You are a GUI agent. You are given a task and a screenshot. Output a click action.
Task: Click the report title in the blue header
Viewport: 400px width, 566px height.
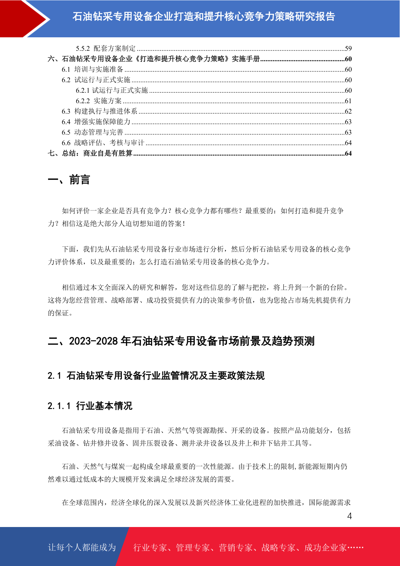(x=204, y=16)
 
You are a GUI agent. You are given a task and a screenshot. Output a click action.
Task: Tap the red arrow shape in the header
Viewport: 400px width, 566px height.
(x=24, y=18)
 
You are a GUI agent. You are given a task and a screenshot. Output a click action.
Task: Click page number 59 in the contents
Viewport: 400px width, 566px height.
(x=348, y=48)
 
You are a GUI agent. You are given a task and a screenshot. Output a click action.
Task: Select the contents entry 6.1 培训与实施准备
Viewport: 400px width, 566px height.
(x=92, y=69)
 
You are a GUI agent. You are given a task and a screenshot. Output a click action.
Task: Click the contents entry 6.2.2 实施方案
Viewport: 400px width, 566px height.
(x=99, y=101)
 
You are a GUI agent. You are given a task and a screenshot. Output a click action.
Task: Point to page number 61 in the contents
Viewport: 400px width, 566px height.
(x=348, y=101)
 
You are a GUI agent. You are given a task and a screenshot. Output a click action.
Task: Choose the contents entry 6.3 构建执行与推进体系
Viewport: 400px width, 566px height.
(x=99, y=111)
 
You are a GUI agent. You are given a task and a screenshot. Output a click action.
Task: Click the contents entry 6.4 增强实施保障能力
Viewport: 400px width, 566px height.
(x=96, y=122)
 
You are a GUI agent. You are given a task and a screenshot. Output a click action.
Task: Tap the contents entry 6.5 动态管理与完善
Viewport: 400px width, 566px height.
(x=92, y=132)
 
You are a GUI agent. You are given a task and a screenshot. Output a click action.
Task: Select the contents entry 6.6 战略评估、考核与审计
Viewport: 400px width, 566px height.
(x=103, y=143)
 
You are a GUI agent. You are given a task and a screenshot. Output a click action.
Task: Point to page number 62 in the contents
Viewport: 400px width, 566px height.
(x=348, y=111)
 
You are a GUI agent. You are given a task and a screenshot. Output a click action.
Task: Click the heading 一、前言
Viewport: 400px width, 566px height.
(x=69, y=180)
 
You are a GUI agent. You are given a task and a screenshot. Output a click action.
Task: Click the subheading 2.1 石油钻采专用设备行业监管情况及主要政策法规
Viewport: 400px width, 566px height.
(x=156, y=375)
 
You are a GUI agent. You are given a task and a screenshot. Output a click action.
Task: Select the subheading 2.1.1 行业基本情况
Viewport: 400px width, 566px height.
(x=90, y=406)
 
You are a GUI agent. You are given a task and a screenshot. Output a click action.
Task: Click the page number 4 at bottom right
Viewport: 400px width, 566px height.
(x=349, y=516)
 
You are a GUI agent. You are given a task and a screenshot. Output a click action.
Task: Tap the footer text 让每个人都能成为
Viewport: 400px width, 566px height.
(x=82, y=548)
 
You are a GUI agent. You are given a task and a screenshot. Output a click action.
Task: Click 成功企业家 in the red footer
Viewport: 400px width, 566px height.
(x=325, y=548)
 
